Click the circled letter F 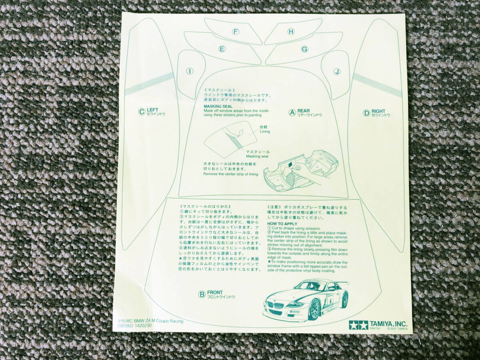click(236, 32)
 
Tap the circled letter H click(291, 32)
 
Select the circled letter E click(222, 49)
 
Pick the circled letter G click(304, 49)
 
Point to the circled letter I click(190, 71)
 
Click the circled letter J click(337, 72)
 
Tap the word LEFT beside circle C click(152, 110)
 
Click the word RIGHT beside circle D click(378, 111)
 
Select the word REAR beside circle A click(304, 111)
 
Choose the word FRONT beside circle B click(215, 292)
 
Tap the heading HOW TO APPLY click(282, 223)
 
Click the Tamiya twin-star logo click(358, 325)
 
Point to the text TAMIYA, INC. click(388, 324)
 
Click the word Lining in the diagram click(265, 131)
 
